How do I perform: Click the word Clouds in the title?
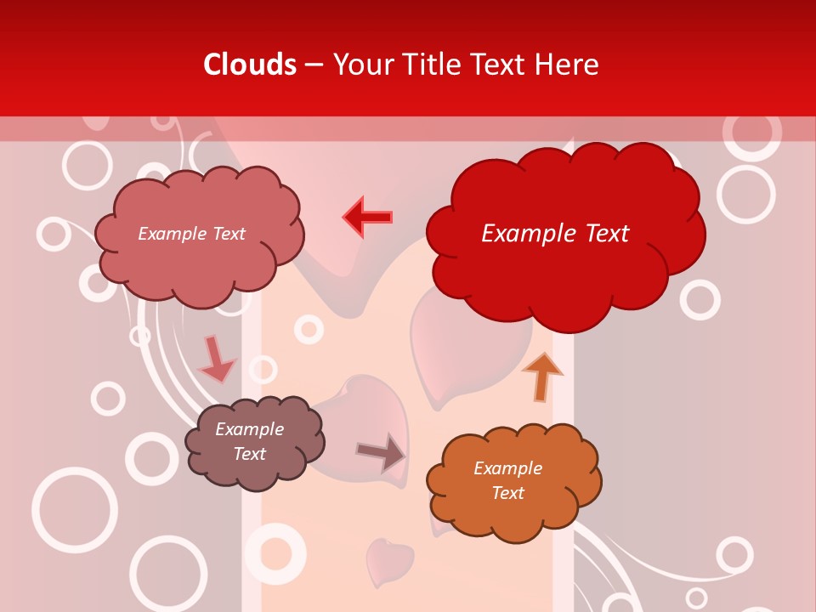click(x=250, y=65)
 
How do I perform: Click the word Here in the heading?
click(x=569, y=65)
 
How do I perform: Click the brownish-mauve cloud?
click(x=253, y=442)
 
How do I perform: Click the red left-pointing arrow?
click(x=368, y=218)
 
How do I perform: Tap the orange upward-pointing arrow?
click(x=541, y=376)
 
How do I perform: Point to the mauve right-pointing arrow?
click(x=382, y=452)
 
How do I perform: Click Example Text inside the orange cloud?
click(x=507, y=480)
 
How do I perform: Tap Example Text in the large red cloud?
click(x=555, y=233)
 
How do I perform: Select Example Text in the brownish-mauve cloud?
click(x=249, y=441)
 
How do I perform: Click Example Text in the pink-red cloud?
click(x=191, y=234)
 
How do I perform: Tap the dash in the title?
click(x=313, y=65)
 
